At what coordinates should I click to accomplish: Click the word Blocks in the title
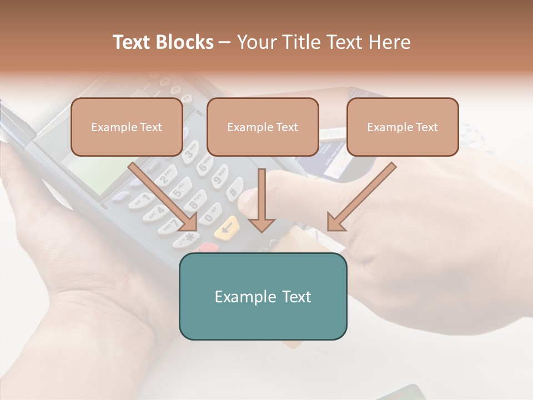(185, 42)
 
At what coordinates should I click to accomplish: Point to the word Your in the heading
(255, 42)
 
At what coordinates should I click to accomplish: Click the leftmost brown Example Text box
(127, 127)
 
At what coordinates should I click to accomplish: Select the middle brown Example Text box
(263, 127)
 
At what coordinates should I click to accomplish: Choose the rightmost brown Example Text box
(403, 127)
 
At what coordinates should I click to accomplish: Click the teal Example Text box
(263, 296)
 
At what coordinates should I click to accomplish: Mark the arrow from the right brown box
(361, 197)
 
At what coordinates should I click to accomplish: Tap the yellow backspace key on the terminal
(227, 228)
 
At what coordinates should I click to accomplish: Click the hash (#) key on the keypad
(235, 189)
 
